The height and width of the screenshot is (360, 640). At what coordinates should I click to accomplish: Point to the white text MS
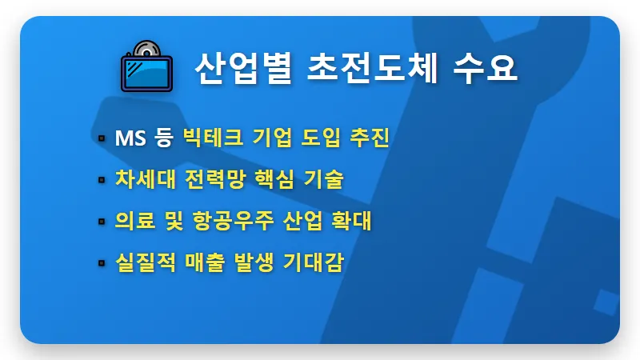[130, 138]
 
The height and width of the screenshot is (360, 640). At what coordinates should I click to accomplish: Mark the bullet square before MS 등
[102, 139]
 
